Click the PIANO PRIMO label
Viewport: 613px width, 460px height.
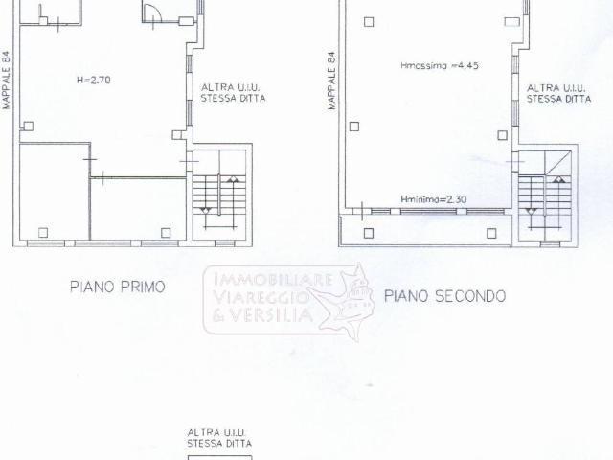click(x=118, y=287)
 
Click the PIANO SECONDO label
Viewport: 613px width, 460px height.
click(x=444, y=296)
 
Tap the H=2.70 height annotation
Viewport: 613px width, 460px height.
click(x=94, y=80)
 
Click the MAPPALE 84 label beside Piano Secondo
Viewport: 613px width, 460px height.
click(x=331, y=80)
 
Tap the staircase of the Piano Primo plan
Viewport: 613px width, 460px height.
click(x=219, y=193)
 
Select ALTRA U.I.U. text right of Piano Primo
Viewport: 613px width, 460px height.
click(x=232, y=87)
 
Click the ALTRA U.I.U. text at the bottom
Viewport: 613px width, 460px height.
click(x=219, y=433)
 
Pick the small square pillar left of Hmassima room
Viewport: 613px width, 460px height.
click(x=353, y=126)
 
